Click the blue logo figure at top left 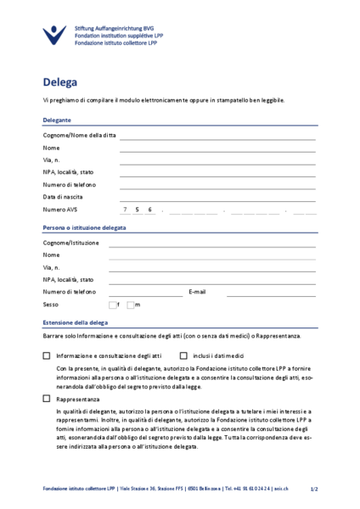[x=53, y=35]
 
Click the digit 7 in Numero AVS [x=125, y=210]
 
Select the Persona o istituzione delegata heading [x=84, y=228]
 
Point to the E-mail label [x=197, y=292]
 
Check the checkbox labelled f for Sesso [x=112, y=305]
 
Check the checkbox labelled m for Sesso [x=132, y=305]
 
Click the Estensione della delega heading [x=75, y=323]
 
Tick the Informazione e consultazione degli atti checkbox [x=47, y=356]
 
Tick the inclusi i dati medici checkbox [x=183, y=356]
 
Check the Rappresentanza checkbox [x=47, y=398]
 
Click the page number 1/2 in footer [x=313, y=489]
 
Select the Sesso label [x=51, y=305]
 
